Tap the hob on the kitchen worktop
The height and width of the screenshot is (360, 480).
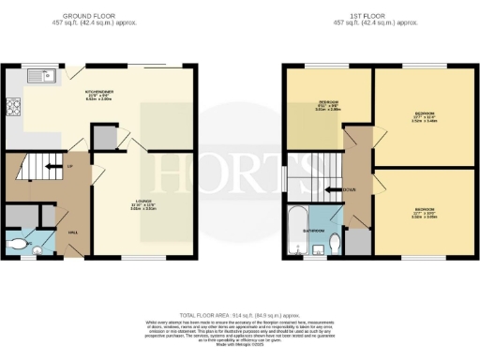[x=14, y=107]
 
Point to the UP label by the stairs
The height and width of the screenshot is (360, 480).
[x=70, y=168]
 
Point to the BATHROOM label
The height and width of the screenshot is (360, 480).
[x=314, y=230]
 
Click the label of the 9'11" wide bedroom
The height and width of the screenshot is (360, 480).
[x=327, y=106]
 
